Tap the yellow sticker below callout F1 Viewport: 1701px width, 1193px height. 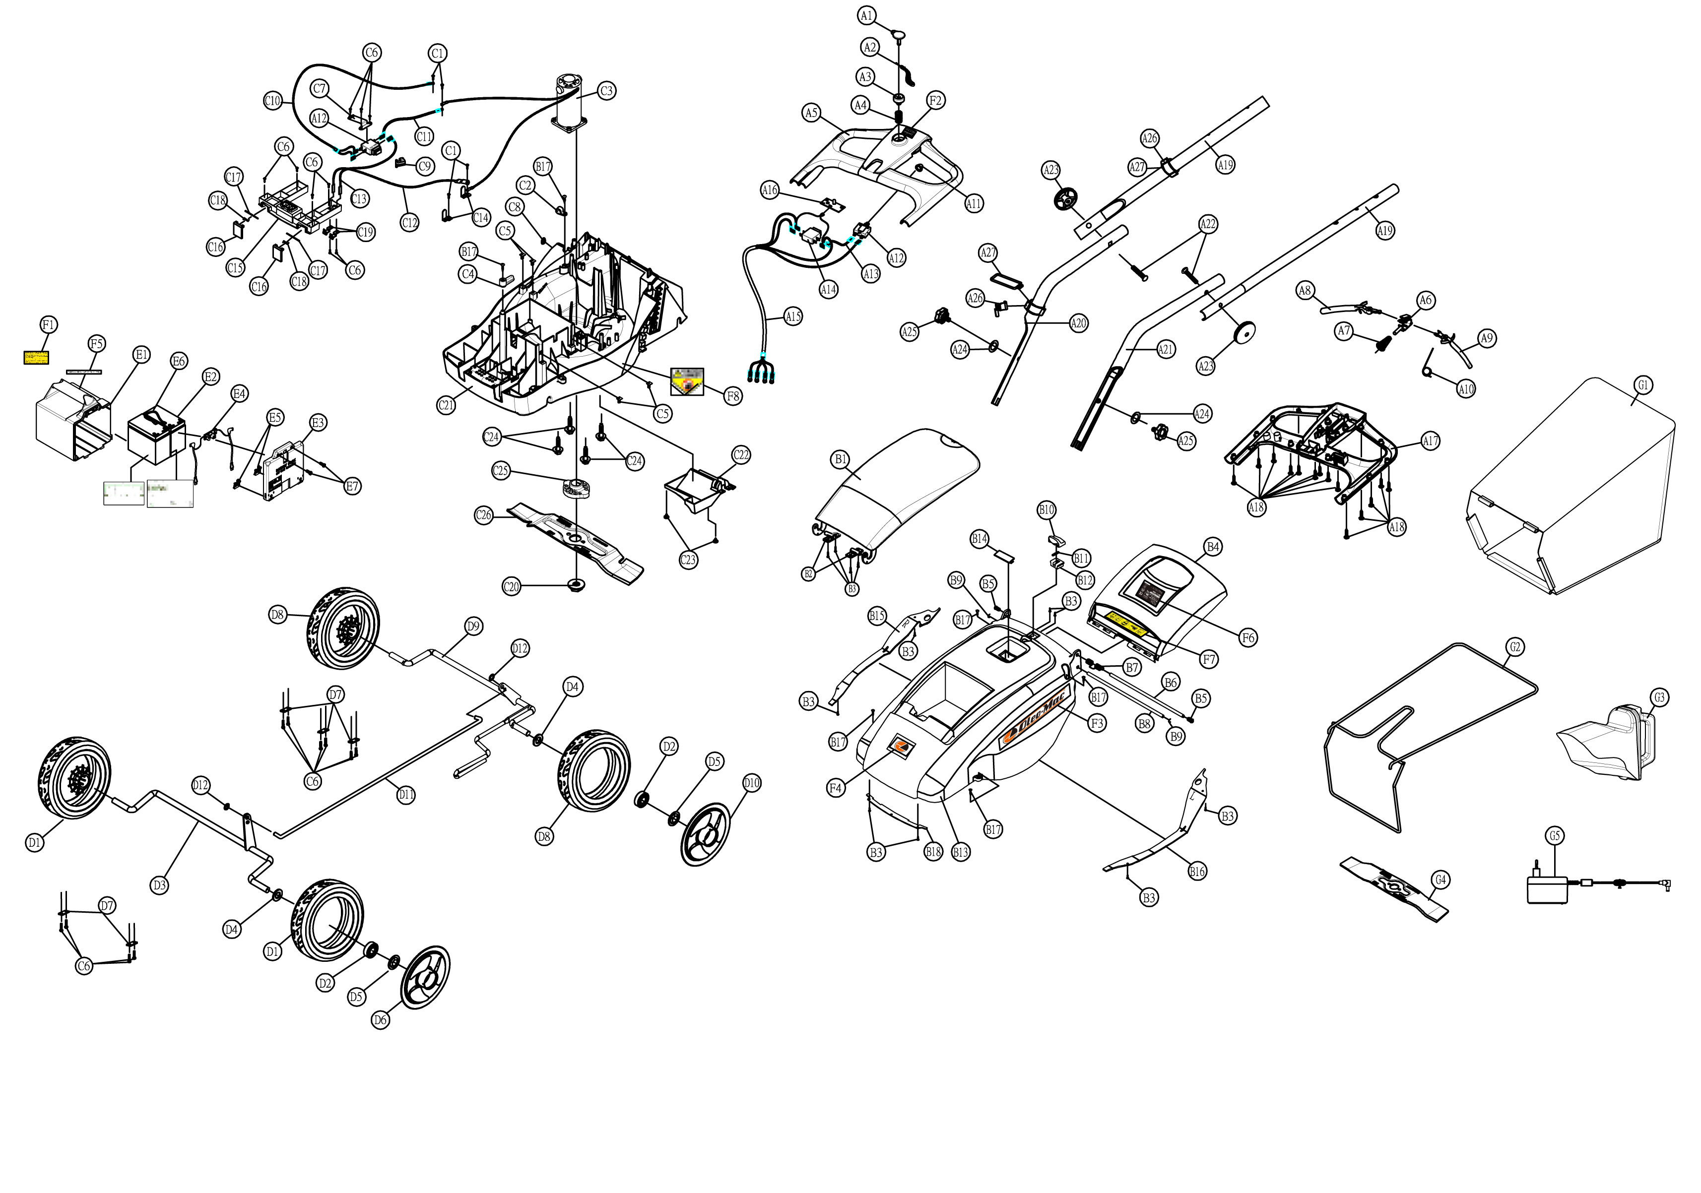(x=36, y=358)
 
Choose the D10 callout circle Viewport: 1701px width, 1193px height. (x=751, y=783)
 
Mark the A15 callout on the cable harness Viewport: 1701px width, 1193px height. (x=793, y=317)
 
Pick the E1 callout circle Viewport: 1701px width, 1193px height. (x=141, y=355)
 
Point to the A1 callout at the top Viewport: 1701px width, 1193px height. (x=867, y=15)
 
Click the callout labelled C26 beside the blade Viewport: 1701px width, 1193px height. (x=483, y=515)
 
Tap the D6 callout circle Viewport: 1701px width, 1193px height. (x=380, y=1020)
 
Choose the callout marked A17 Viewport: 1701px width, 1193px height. (x=1430, y=441)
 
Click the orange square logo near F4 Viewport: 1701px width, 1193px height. (x=901, y=747)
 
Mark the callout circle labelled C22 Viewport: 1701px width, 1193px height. (x=741, y=455)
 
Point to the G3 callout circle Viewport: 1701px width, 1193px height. (x=1659, y=697)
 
